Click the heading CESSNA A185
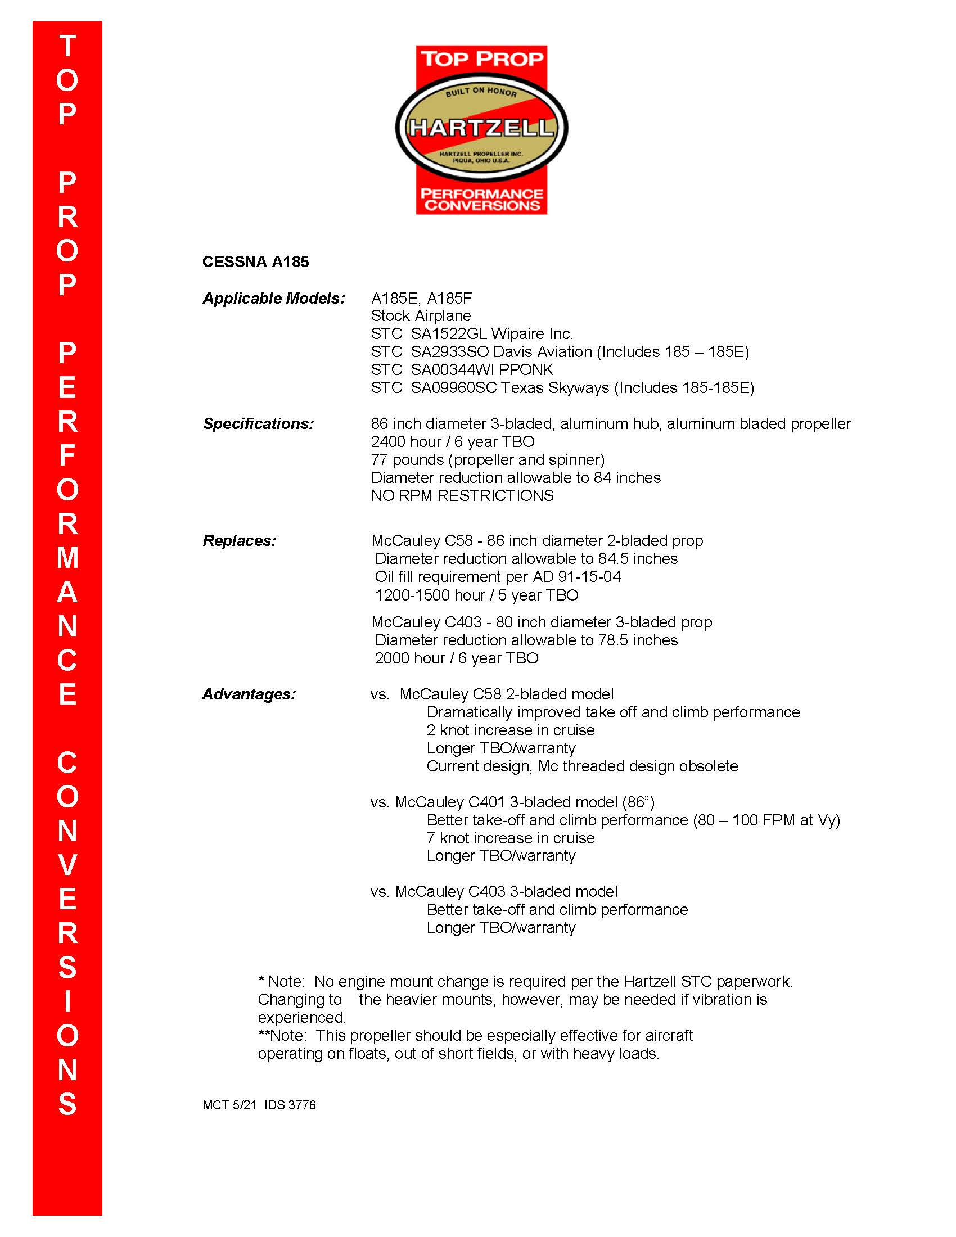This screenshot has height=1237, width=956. pyautogui.click(x=255, y=261)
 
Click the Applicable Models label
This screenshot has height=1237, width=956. pyautogui.click(x=273, y=299)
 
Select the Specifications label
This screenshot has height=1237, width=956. pyautogui.click(x=258, y=423)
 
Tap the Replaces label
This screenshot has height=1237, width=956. pyautogui.click(x=239, y=540)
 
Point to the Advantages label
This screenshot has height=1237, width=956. pyautogui.click(x=249, y=694)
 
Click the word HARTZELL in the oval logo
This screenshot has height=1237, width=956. pyautogui.click(x=481, y=128)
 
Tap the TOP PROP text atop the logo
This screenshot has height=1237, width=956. pyautogui.click(x=481, y=59)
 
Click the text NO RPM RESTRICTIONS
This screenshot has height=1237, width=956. pyautogui.click(x=462, y=495)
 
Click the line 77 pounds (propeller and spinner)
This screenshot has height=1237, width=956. pyautogui.click(x=488, y=459)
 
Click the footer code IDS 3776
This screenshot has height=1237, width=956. pyautogui.click(x=290, y=1104)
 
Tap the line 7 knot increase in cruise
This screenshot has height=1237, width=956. pyautogui.click(x=510, y=838)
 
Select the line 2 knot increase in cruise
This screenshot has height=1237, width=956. pyautogui.click(x=510, y=730)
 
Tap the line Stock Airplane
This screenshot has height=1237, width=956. pyautogui.click(x=421, y=316)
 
